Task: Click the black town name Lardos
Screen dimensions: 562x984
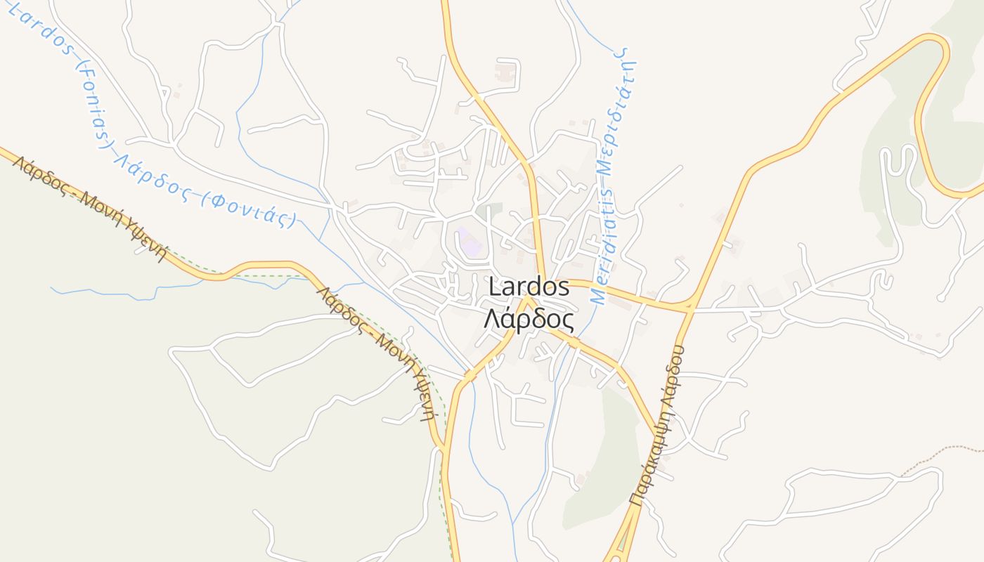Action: [x=529, y=287]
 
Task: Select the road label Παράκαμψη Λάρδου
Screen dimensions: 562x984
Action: [x=658, y=425]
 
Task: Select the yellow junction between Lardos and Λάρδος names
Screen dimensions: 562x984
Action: [x=526, y=301]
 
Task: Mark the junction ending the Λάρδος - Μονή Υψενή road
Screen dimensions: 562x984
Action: [x=445, y=448]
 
